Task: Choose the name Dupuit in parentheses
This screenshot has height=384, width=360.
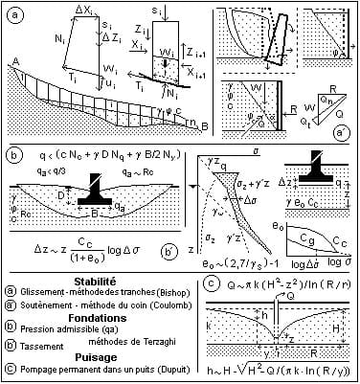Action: pyautogui.click(x=169, y=365)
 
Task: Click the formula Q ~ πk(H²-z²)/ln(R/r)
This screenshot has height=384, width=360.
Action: pyautogui.click(x=281, y=284)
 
